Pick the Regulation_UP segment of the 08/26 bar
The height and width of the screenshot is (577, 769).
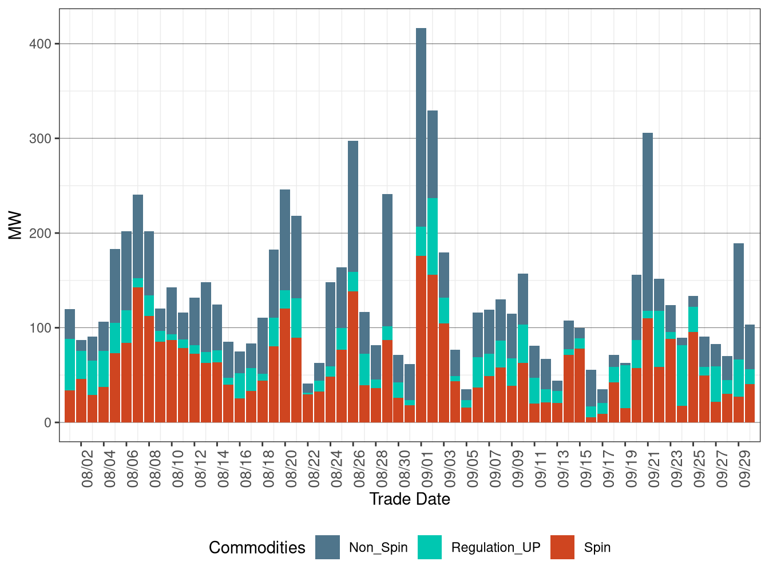pos(353,282)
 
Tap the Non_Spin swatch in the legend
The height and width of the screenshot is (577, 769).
pos(327,547)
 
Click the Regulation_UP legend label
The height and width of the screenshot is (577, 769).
pos(496,547)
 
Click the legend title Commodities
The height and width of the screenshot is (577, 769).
pos(257,548)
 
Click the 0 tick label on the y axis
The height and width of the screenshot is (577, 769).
pos(47,423)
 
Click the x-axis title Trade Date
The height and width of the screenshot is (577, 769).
pos(410,499)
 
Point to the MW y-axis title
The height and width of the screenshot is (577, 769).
pos(15,226)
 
